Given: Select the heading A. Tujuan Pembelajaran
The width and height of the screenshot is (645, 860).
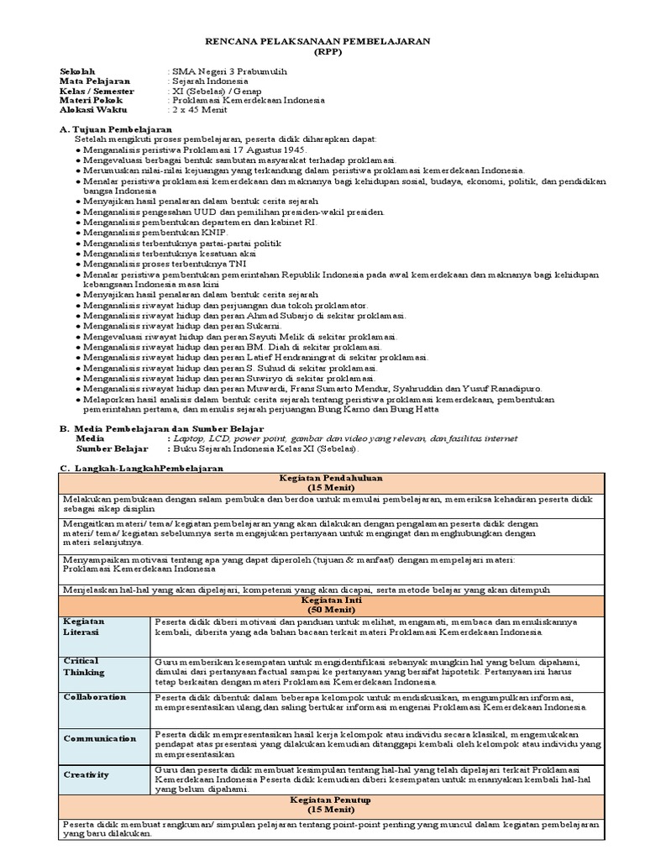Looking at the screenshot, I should (x=116, y=129).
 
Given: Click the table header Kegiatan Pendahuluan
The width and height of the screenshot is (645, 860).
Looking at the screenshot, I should (x=331, y=477).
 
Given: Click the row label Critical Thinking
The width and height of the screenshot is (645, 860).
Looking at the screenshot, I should (x=84, y=667).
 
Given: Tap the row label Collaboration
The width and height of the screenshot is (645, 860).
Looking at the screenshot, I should (x=94, y=697).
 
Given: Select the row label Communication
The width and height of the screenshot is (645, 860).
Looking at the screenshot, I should (x=99, y=738).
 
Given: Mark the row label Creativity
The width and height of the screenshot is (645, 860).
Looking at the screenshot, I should (x=87, y=775).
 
